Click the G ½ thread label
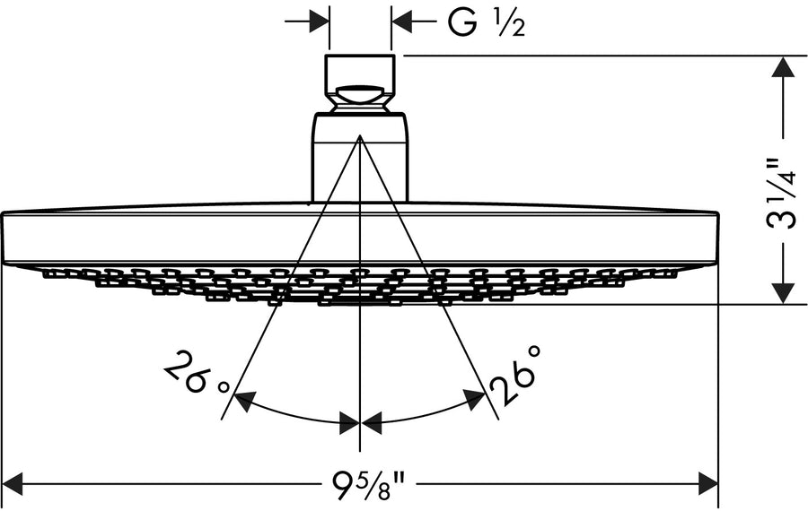coord(486,24)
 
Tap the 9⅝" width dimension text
coord(363,489)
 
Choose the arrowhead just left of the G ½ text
coord(404,20)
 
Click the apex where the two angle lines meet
coord(360,138)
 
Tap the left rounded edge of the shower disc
coord(7,238)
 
